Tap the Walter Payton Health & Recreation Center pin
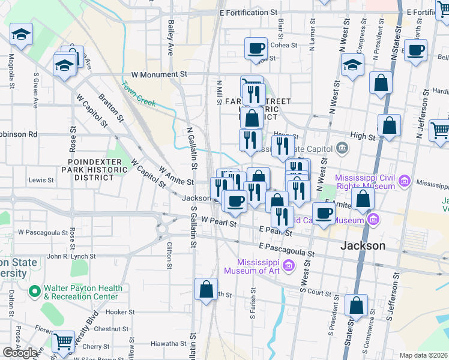35,293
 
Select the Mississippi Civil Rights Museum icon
405,181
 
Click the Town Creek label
139,94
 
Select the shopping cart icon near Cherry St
63,342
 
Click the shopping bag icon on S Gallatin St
206,289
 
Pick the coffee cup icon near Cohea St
256,48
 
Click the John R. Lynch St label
68,256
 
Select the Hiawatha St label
169,343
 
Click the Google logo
20,353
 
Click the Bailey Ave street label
171,37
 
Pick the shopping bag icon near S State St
357,305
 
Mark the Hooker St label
120,312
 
